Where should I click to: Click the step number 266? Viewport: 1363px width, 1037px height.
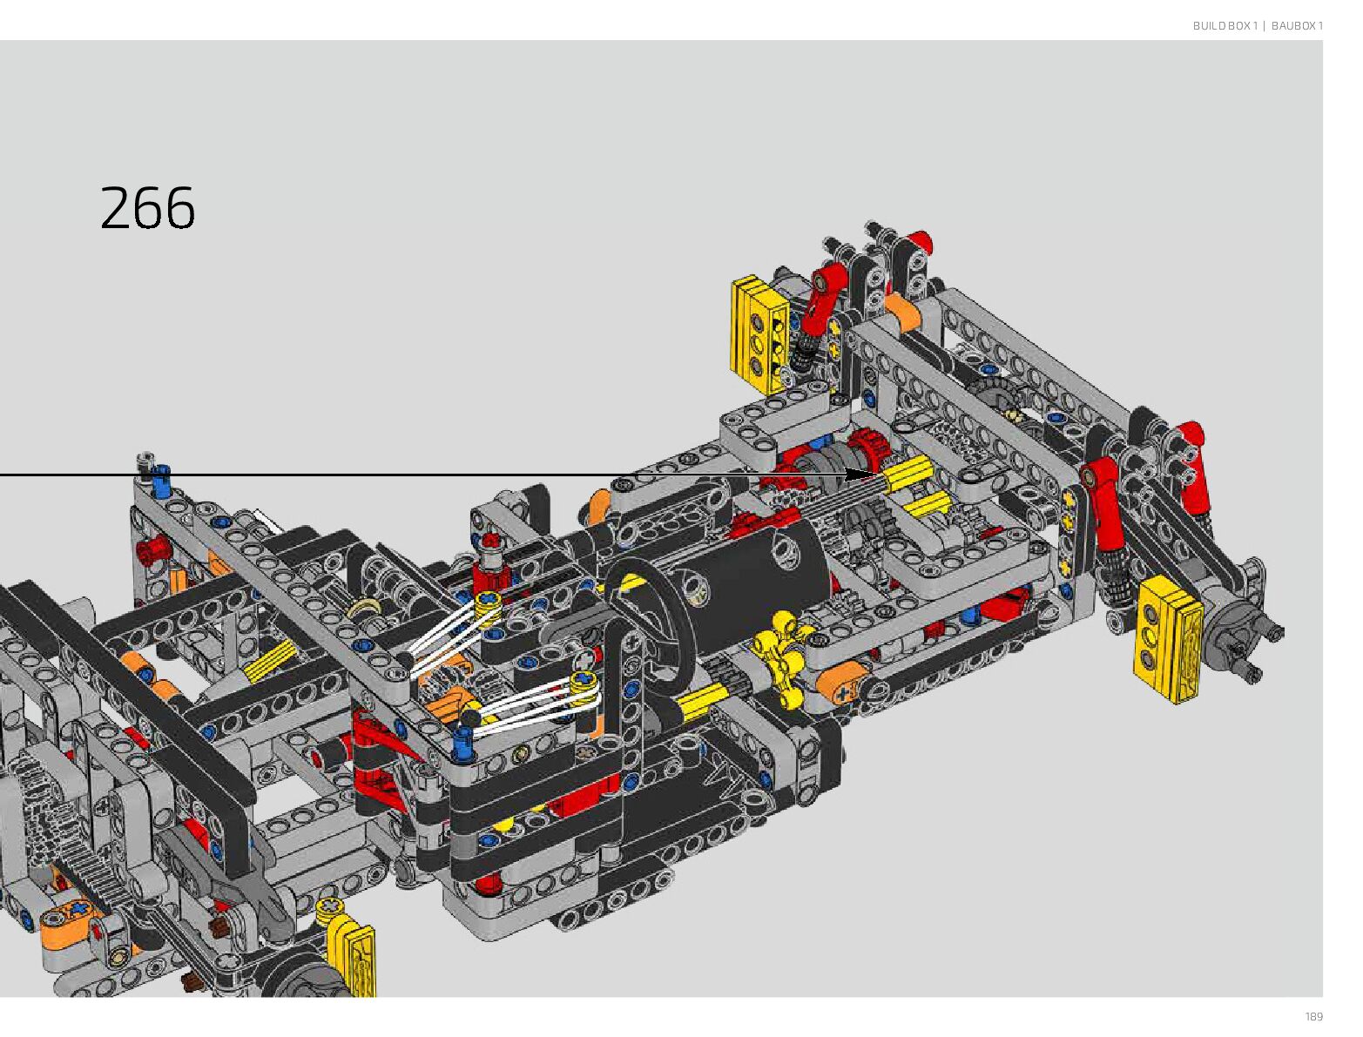(147, 208)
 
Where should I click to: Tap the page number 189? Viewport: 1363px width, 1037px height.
(1313, 1016)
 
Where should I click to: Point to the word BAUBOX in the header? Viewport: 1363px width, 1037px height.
(1292, 25)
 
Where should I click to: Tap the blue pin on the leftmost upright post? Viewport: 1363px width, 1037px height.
(161, 481)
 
